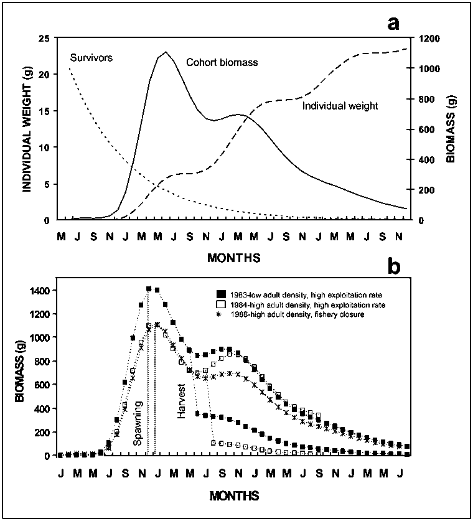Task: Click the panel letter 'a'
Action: coord(393,24)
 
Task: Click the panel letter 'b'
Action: coord(394,266)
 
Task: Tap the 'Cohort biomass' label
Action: coord(222,63)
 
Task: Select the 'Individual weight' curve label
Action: coord(340,106)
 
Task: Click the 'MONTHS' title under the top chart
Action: coord(235,256)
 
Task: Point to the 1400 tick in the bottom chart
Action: coord(40,290)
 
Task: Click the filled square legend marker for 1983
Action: coord(219,294)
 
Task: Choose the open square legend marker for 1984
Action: coord(219,305)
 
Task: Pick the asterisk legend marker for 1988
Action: coord(219,316)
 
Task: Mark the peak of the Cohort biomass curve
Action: coord(166,52)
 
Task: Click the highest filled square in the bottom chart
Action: coord(149,289)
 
